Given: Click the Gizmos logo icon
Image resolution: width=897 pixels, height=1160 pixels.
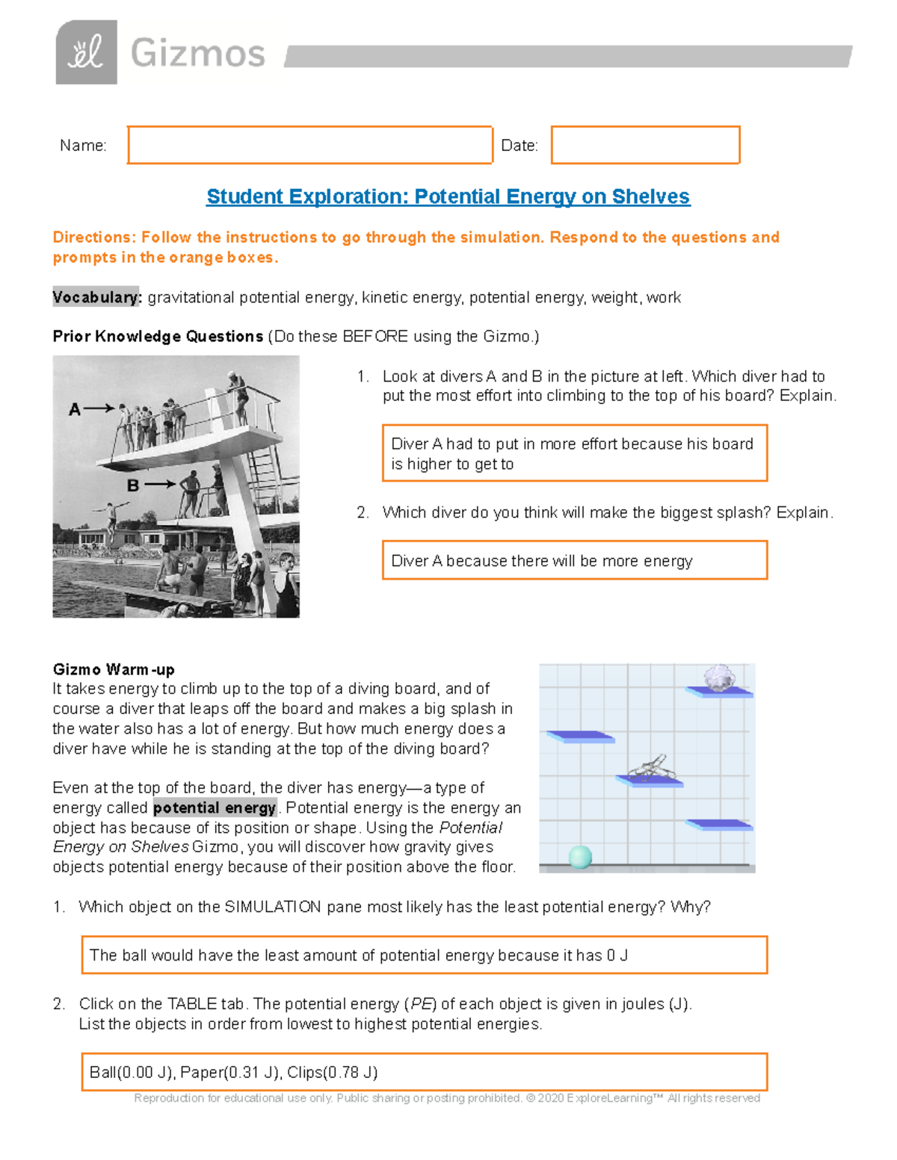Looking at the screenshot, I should click(86, 52).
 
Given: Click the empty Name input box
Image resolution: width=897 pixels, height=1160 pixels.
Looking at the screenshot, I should click(309, 145).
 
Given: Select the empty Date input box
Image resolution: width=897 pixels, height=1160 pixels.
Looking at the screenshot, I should click(645, 145).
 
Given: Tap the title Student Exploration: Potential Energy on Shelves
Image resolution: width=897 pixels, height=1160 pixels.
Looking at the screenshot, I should click(448, 196).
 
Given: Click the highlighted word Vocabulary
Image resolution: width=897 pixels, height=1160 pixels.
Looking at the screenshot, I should click(96, 297).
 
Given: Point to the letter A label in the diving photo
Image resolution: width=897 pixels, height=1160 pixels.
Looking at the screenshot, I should click(75, 409).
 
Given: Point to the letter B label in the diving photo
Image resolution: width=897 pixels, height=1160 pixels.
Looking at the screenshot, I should click(133, 486).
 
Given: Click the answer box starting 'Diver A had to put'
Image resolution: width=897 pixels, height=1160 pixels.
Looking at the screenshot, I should click(574, 453).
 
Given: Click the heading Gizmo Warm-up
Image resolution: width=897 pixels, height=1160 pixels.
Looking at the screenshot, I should click(114, 669).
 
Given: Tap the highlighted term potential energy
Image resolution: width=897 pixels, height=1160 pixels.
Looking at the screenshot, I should click(215, 807).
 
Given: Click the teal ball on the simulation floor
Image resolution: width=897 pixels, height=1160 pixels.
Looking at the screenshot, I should click(580, 857).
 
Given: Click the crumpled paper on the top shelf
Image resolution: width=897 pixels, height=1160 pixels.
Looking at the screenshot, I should click(719, 679).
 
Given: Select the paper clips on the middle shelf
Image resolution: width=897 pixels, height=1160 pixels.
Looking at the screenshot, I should click(650, 767).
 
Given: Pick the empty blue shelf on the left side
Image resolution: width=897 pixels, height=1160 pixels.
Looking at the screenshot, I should click(580, 737).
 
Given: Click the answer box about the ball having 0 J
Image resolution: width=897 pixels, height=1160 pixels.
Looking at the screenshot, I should click(424, 955).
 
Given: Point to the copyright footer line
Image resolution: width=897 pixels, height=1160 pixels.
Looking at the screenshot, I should click(447, 1098).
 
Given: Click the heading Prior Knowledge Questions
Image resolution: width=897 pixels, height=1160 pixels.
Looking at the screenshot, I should click(158, 336).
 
